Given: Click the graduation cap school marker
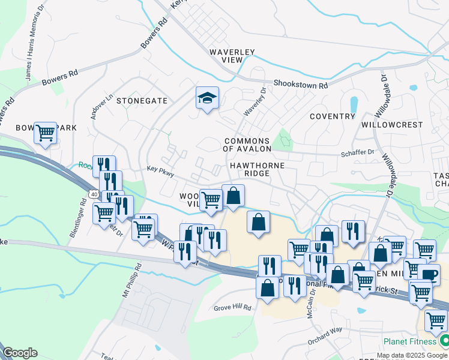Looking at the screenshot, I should [x=207, y=98].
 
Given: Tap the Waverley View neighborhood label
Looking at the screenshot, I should [x=232, y=57].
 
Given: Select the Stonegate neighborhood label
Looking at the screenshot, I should [x=142, y=101].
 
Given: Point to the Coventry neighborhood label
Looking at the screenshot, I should [x=333, y=116].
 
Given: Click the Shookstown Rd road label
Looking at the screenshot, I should [x=300, y=85].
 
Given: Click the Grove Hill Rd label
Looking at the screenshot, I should [x=232, y=307].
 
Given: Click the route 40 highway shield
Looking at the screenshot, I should [x=94, y=194].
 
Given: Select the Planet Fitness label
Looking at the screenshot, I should [x=411, y=342].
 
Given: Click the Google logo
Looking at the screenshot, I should [x=20, y=353].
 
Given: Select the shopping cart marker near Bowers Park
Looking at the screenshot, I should [x=45, y=133].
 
